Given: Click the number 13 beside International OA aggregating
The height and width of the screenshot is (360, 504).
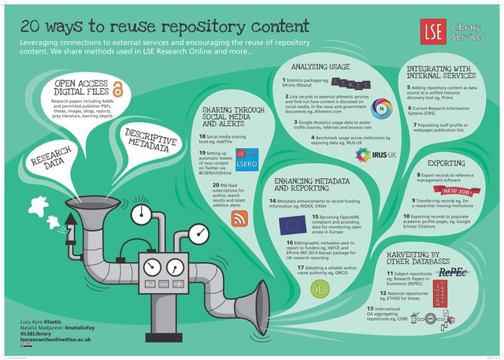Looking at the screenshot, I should tap(370, 308).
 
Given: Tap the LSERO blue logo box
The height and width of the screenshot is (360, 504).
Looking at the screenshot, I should tap(223, 184).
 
